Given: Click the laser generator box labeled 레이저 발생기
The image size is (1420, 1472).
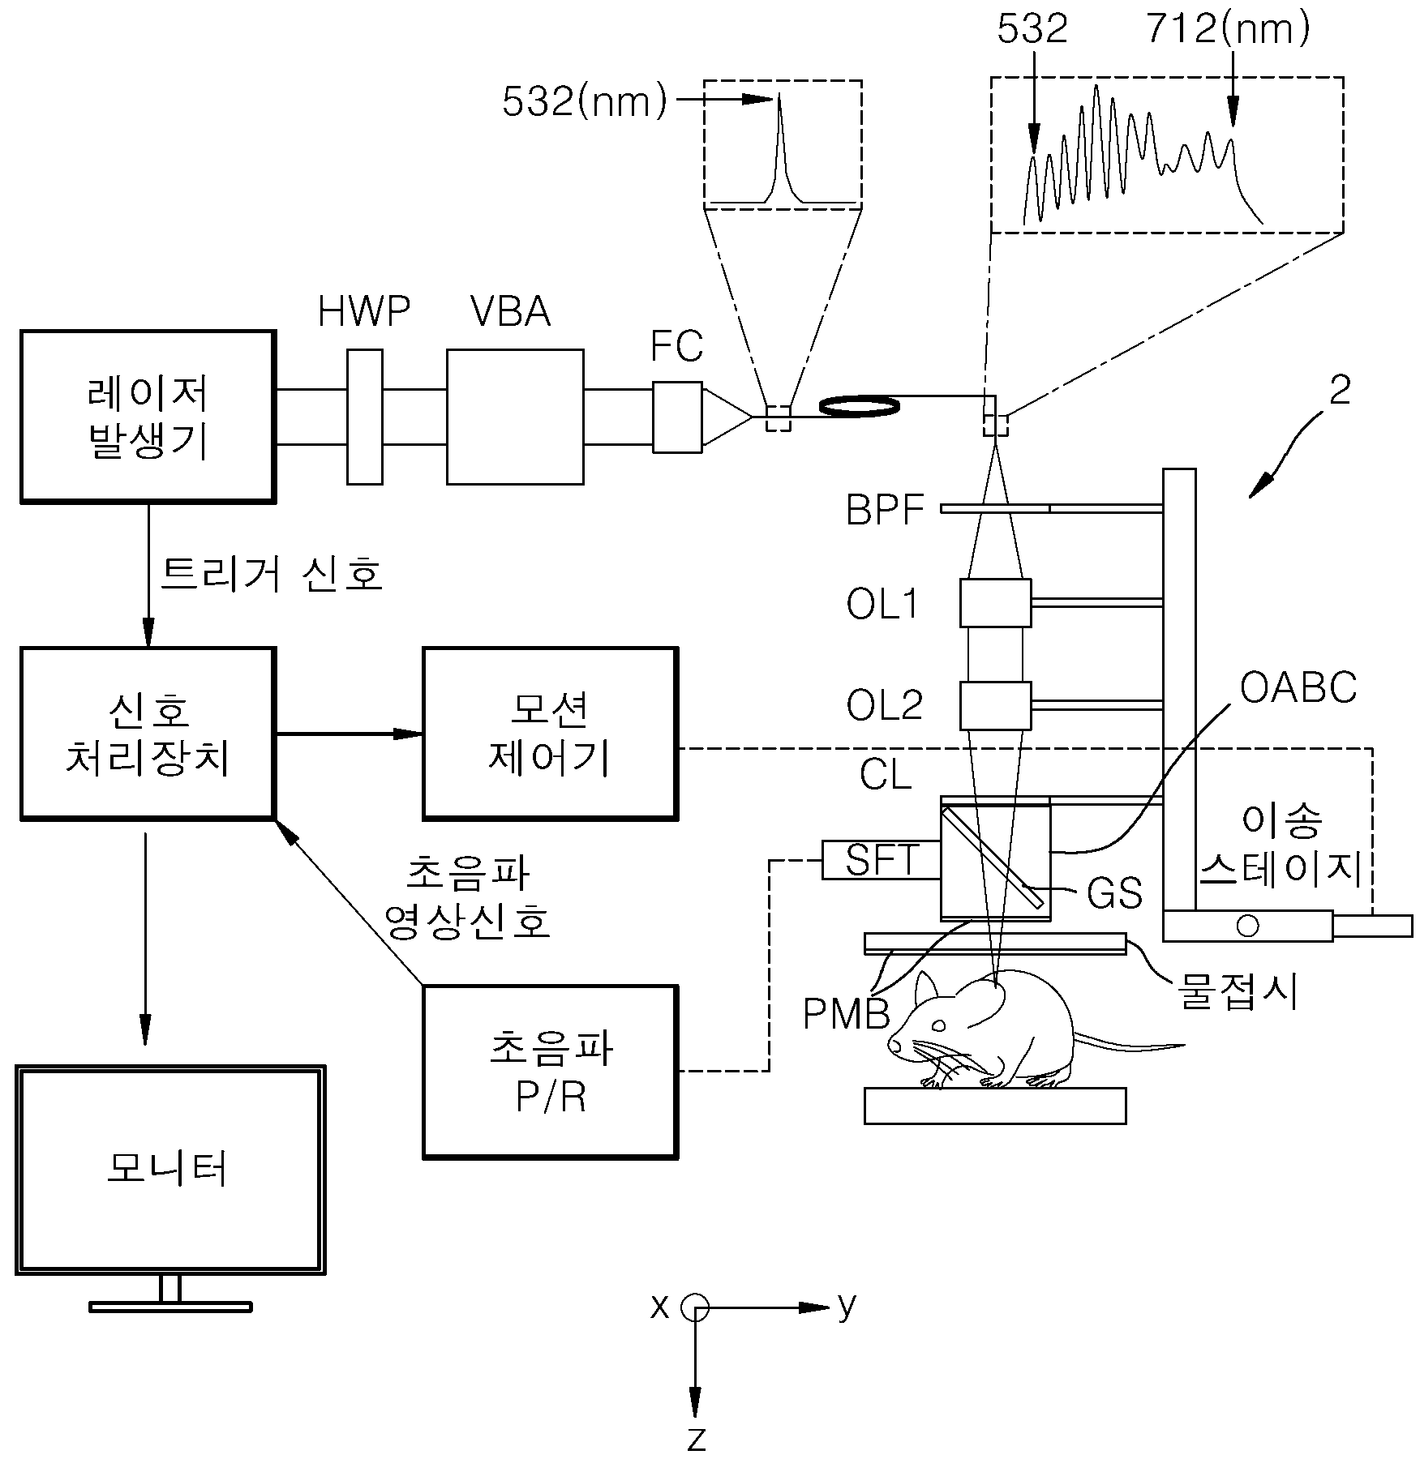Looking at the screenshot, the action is click(x=148, y=417).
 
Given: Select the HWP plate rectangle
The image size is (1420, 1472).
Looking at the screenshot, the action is click(x=365, y=417).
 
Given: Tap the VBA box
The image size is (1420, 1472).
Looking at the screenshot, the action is click(x=515, y=417).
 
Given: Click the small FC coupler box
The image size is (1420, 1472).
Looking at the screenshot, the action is click(x=677, y=417).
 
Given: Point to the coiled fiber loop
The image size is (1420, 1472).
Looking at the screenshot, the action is click(x=860, y=405).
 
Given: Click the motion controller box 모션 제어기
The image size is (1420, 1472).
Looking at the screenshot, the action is click(x=550, y=733).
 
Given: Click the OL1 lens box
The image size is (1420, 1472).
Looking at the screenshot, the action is click(x=995, y=602).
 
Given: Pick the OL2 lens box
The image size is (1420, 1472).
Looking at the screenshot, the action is click(x=995, y=706).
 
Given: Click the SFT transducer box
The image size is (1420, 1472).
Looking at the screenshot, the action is click(x=881, y=860).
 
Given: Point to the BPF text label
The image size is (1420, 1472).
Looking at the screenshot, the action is click(x=886, y=511).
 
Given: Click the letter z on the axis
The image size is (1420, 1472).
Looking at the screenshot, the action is click(x=696, y=1440).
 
